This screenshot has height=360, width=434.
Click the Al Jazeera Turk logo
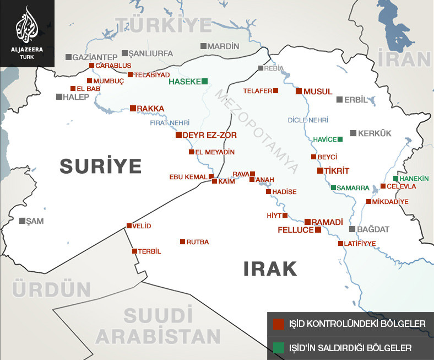coord(27,33)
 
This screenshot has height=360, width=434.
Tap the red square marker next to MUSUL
coord(299,91)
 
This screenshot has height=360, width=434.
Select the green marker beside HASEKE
coord(205,81)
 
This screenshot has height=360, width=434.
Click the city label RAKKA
coord(151,109)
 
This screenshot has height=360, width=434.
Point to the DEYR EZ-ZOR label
coord(202,135)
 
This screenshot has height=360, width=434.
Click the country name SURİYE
coord(101,165)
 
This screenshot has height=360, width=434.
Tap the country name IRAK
coord(270,269)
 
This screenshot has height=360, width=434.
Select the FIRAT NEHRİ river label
coord(170,123)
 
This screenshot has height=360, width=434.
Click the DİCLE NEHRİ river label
coord(308,120)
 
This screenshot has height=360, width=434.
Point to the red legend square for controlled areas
coord(279,323)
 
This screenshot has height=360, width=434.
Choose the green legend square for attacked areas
coord(279,348)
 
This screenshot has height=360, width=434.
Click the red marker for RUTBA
coord(182,241)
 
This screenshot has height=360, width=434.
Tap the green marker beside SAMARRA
coord(333,187)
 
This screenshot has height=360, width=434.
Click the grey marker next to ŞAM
coord(22,221)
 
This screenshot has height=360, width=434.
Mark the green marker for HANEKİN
coord(395,178)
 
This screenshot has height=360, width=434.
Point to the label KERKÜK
coord(374,133)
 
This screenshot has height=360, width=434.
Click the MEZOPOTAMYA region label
coord(258,131)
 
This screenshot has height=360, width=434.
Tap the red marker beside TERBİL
coord(134,251)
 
